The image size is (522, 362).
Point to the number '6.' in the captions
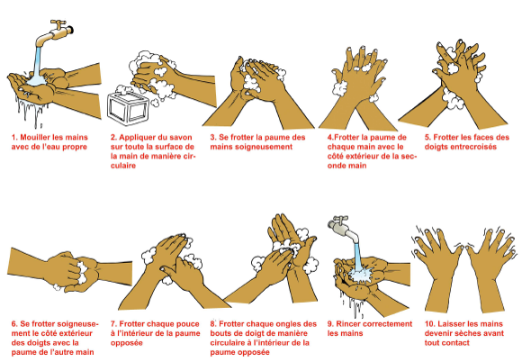[14, 324]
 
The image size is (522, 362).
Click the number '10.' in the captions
[430, 324]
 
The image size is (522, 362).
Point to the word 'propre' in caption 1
[75, 147]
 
